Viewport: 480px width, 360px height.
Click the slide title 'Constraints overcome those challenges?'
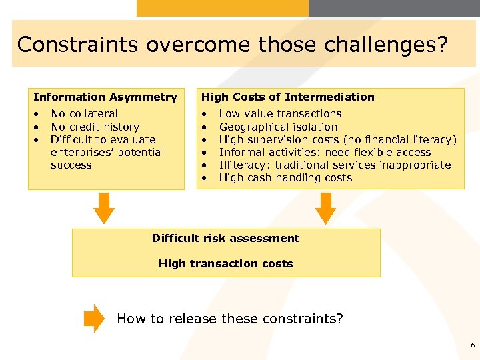tap(232, 45)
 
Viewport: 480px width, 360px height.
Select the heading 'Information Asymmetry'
tap(105, 97)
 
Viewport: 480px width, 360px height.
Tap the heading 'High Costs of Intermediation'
tap(288, 97)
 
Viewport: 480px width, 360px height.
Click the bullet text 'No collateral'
tap(84, 114)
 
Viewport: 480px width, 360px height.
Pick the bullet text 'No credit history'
tap(95, 127)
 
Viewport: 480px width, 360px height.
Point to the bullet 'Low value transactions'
tap(280, 114)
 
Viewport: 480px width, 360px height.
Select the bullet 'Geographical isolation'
tap(278, 127)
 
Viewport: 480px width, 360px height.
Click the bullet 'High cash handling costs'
tap(285, 177)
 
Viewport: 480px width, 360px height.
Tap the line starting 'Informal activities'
tap(325, 152)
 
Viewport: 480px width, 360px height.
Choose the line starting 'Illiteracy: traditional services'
tap(335, 165)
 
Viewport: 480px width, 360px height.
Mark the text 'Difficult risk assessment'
tap(225, 238)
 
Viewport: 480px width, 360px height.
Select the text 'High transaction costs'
tap(225, 263)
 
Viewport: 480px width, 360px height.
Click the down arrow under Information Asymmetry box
tap(103, 208)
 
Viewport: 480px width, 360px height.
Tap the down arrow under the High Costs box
tap(325, 208)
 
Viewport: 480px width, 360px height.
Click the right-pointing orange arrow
tap(95, 319)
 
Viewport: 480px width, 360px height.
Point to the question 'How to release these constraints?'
tap(230, 319)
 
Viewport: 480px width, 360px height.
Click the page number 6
tap(472, 345)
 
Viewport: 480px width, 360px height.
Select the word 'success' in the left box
tap(71, 165)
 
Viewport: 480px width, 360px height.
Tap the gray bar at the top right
tap(394, 8)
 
